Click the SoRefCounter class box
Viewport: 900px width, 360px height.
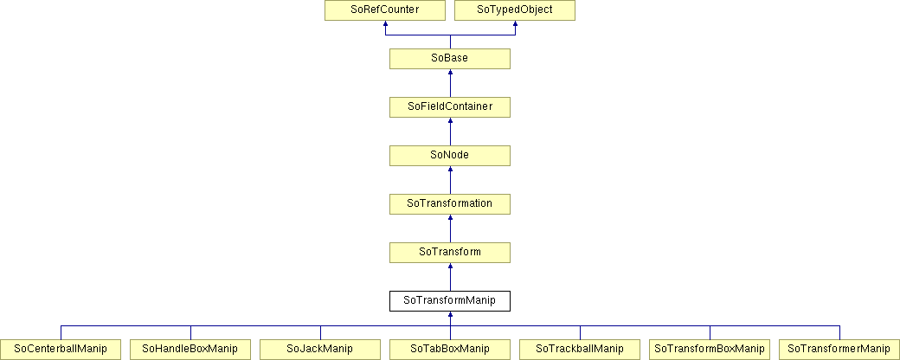(x=385, y=11)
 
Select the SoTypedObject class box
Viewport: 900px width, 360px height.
(x=515, y=11)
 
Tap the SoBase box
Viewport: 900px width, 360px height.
(x=450, y=59)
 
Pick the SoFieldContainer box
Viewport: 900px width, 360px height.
(x=450, y=107)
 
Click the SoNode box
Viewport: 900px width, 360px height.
(x=450, y=156)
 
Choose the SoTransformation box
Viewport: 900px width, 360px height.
(x=450, y=204)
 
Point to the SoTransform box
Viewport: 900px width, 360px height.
(x=450, y=252)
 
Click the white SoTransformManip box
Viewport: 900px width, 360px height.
(x=450, y=301)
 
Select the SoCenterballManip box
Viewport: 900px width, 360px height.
(x=61, y=349)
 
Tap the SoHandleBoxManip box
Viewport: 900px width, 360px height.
(x=190, y=349)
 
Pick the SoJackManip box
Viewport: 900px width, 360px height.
(x=320, y=349)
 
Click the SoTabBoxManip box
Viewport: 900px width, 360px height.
(x=450, y=349)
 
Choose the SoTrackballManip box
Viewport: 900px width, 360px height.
(x=580, y=349)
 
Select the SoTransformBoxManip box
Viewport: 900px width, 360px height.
(x=710, y=349)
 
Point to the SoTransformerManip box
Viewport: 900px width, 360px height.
(x=839, y=349)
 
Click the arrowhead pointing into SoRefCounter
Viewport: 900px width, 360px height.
(x=385, y=24)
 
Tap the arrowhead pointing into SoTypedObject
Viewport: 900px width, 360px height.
(x=515, y=24)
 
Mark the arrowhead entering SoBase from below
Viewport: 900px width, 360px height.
(x=450, y=73)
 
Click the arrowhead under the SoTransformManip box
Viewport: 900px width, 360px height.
(x=450, y=314)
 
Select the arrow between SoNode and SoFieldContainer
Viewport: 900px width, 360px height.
(x=450, y=132)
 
